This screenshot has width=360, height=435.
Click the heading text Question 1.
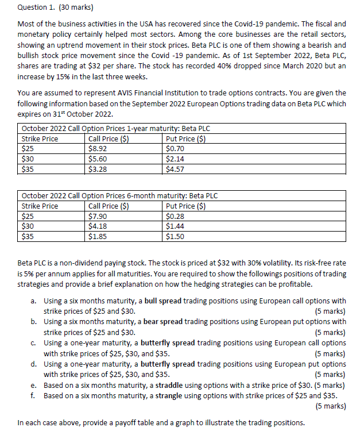coord(36,8)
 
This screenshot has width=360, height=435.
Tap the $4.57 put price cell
coord(175,170)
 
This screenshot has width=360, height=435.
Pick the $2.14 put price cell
coord(175,159)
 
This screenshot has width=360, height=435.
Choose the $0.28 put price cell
coord(175,216)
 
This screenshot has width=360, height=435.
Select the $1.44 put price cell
coord(175,226)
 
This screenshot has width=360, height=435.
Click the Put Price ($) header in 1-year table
coord(185,138)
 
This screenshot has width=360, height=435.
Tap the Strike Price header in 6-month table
coord(40,206)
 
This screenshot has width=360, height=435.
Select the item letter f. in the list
coord(34,395)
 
